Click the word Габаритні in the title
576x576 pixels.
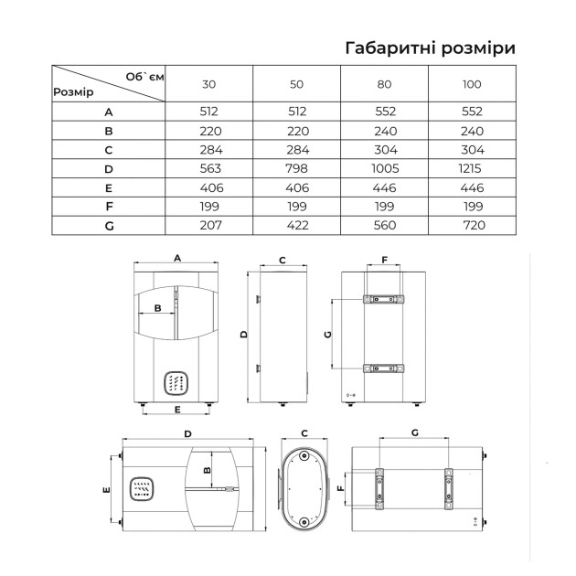click(390, 48)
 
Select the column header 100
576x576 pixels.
click(472, 84)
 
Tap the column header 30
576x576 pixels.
click(208, 84)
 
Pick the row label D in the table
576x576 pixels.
click(109, 169)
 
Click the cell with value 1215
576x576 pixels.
click(470, 168)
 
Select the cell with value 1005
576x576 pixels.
click(385, 168)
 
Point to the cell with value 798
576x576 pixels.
click(296, 168)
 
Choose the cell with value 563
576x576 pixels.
click(210, 168)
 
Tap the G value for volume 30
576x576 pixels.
click(211, 225)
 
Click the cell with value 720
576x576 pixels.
click(475, 225)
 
